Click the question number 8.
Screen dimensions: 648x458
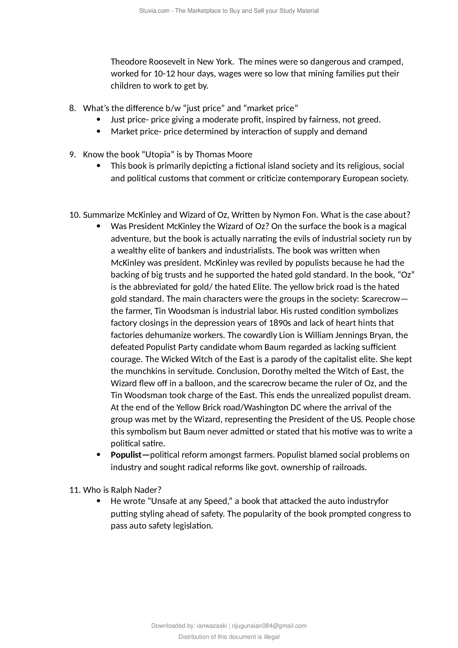[72, 108]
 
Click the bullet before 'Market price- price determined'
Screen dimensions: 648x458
[98, 132]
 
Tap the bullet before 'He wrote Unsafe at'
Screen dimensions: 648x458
[98, 501]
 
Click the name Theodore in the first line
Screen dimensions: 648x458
[128, 62]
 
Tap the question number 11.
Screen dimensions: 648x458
[75, 490]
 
